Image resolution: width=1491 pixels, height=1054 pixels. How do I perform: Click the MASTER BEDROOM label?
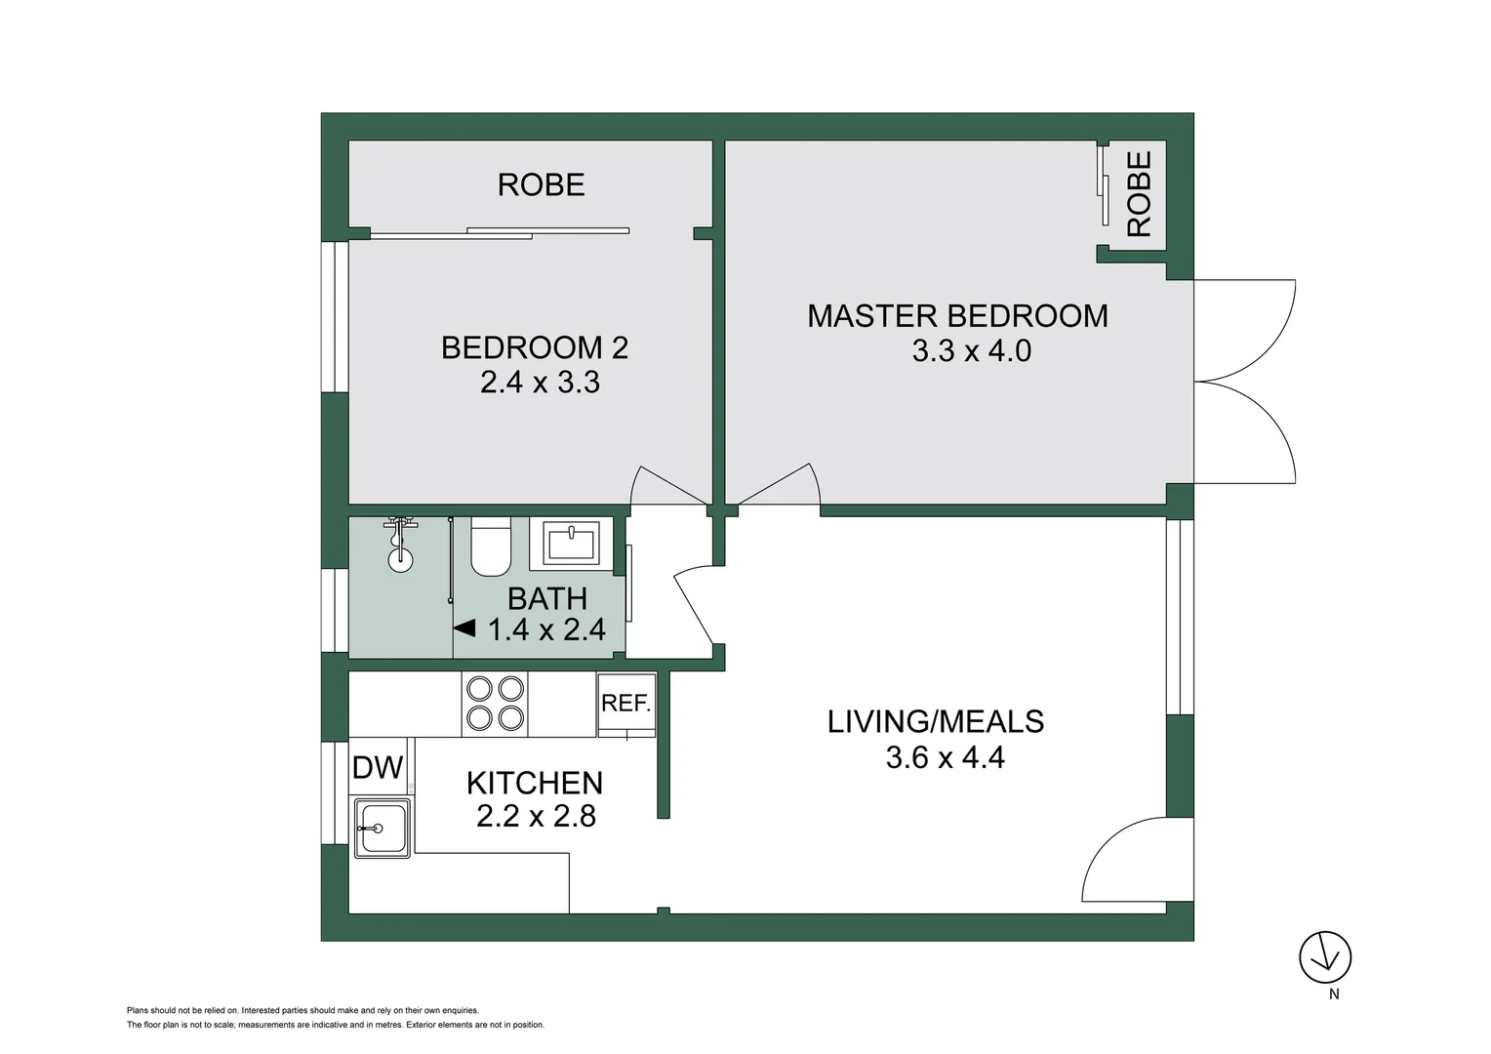pyautogui.click(x=957, y=316)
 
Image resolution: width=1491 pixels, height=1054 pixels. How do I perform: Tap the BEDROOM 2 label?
pyautogui.click(x=535, y=347)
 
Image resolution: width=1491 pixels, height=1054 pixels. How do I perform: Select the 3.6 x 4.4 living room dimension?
pyautogui.click(x=945, y=757)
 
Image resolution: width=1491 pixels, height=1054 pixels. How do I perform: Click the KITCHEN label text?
pyautogui.click(x=535, y=783)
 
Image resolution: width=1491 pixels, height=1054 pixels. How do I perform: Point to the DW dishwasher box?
pyautogui.click(x=378, y=767)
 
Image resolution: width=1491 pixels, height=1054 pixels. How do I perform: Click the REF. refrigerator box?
pyautogui.click(x=625, y=704)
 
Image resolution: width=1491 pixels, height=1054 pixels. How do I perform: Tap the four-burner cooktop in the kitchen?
pyautogui.click(x=495, y=704)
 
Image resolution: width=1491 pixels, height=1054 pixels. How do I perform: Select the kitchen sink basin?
pyautogui.click(x=382, y=829)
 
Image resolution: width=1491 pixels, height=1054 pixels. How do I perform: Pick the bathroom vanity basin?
pyautogui.click(x=573, y=544)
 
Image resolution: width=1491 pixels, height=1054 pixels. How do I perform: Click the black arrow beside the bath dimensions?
pyautogui.click(x=465, y=628)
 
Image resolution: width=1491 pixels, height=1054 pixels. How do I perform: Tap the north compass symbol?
pyautogui.click(x=1325, y=956)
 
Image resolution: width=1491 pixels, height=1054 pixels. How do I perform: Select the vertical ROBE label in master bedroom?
pyautogui.click(x=1139, y=194)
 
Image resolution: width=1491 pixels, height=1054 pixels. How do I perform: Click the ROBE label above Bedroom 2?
pyautogui.click(x=541, y=184)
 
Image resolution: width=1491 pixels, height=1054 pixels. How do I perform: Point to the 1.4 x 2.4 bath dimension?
pyautogui.click(x=546, y=630)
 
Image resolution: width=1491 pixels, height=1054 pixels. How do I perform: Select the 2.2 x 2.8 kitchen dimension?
pyautogui.click(x=536, y=816)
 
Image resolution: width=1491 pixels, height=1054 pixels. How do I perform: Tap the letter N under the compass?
pyautogui.click(x=1334, y=994)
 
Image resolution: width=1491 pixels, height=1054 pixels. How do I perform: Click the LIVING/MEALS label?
pyautogui.click(x=936, y=722)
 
